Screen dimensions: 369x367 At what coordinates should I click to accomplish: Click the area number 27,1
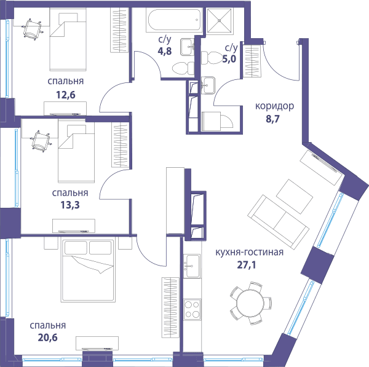coord(246,265)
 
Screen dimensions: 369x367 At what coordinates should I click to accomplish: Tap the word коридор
coord(274,106)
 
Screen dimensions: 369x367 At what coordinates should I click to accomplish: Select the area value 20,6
coord(47,337)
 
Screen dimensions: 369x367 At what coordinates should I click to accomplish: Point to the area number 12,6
coord(66,95)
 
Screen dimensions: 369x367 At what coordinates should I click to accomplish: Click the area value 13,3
coord(70,205)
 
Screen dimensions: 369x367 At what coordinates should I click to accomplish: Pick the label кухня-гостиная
coord(250,252)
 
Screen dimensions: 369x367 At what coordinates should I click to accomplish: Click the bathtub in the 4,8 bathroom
coord(175,20)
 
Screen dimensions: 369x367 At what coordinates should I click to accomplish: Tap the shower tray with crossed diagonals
coord(220,21)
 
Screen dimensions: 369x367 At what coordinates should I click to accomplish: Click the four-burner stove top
coord(192,309)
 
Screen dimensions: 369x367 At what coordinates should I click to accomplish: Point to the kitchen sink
coord(192,266)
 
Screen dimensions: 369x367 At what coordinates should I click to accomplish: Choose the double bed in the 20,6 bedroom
coord(88,270)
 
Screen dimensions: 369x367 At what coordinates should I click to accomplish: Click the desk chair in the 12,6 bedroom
coord(33,29)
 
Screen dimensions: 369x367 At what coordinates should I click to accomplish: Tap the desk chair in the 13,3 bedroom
coord(41,141)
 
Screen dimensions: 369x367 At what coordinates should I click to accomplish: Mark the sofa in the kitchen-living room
coord(278,223)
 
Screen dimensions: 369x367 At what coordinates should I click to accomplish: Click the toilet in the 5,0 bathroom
coord(210,58)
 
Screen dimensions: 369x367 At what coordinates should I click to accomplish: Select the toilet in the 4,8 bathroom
coord(183,69)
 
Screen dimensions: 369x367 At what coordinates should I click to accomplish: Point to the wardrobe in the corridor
coord(252,61)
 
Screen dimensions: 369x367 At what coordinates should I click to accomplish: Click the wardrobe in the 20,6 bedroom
coord(170,308)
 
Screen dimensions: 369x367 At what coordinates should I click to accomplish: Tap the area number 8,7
coord(272,119)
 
